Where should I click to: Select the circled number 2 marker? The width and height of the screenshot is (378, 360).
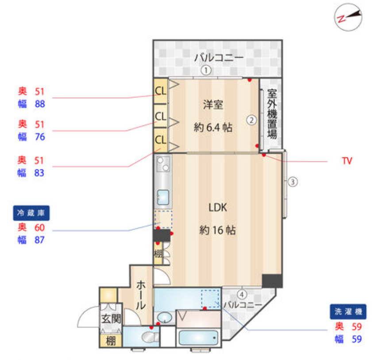(251, 119)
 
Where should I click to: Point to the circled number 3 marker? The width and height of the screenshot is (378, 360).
(293, 181)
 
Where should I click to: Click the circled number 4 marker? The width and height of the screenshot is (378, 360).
(242, 294)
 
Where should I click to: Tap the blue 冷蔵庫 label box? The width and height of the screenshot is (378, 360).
(31, 213)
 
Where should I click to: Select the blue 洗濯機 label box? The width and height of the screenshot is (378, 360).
(348, 311)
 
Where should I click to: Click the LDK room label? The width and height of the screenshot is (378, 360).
(218, 207)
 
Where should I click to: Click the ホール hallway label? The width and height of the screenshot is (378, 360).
(140, 294)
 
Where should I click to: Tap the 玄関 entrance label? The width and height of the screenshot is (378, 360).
(110, 318)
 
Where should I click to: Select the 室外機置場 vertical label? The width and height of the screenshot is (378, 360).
(272, 114)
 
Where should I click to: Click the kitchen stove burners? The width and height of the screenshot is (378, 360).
(163, 164)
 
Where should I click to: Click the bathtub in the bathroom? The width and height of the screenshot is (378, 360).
(198, 339)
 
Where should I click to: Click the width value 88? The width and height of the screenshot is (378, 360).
(40, 104)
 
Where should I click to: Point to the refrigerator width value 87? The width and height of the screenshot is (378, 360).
(40, 240)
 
